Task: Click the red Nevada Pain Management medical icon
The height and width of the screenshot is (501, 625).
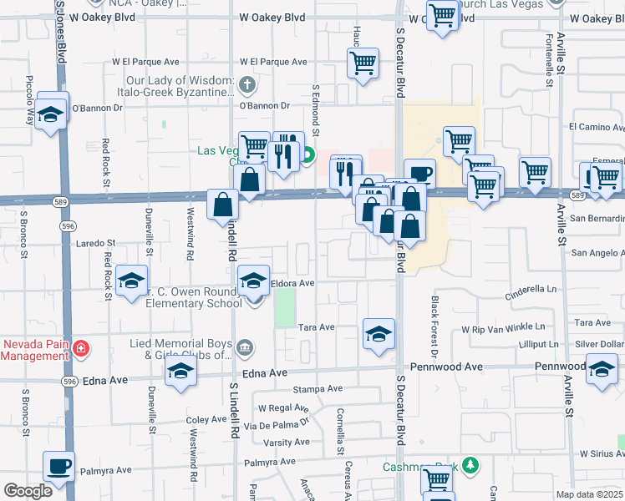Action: click(81, 348)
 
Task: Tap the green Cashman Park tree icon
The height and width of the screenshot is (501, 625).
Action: click(470, 464)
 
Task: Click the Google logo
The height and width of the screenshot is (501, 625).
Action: click(28, 491)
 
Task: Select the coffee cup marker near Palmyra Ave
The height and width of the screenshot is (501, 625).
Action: click(58, 468)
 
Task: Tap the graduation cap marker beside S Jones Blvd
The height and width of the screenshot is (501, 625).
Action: click(52, 115)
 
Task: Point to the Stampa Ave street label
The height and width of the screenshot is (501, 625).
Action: click(318, 389)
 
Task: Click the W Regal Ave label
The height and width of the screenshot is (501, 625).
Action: click(282, 408)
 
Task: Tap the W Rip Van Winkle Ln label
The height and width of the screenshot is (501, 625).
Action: click(503, 327)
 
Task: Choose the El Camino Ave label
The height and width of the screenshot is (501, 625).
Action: click(596, 127)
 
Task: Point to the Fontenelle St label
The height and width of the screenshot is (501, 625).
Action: click(549, 59)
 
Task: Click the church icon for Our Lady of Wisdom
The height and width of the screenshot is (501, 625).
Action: click(246, 84)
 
